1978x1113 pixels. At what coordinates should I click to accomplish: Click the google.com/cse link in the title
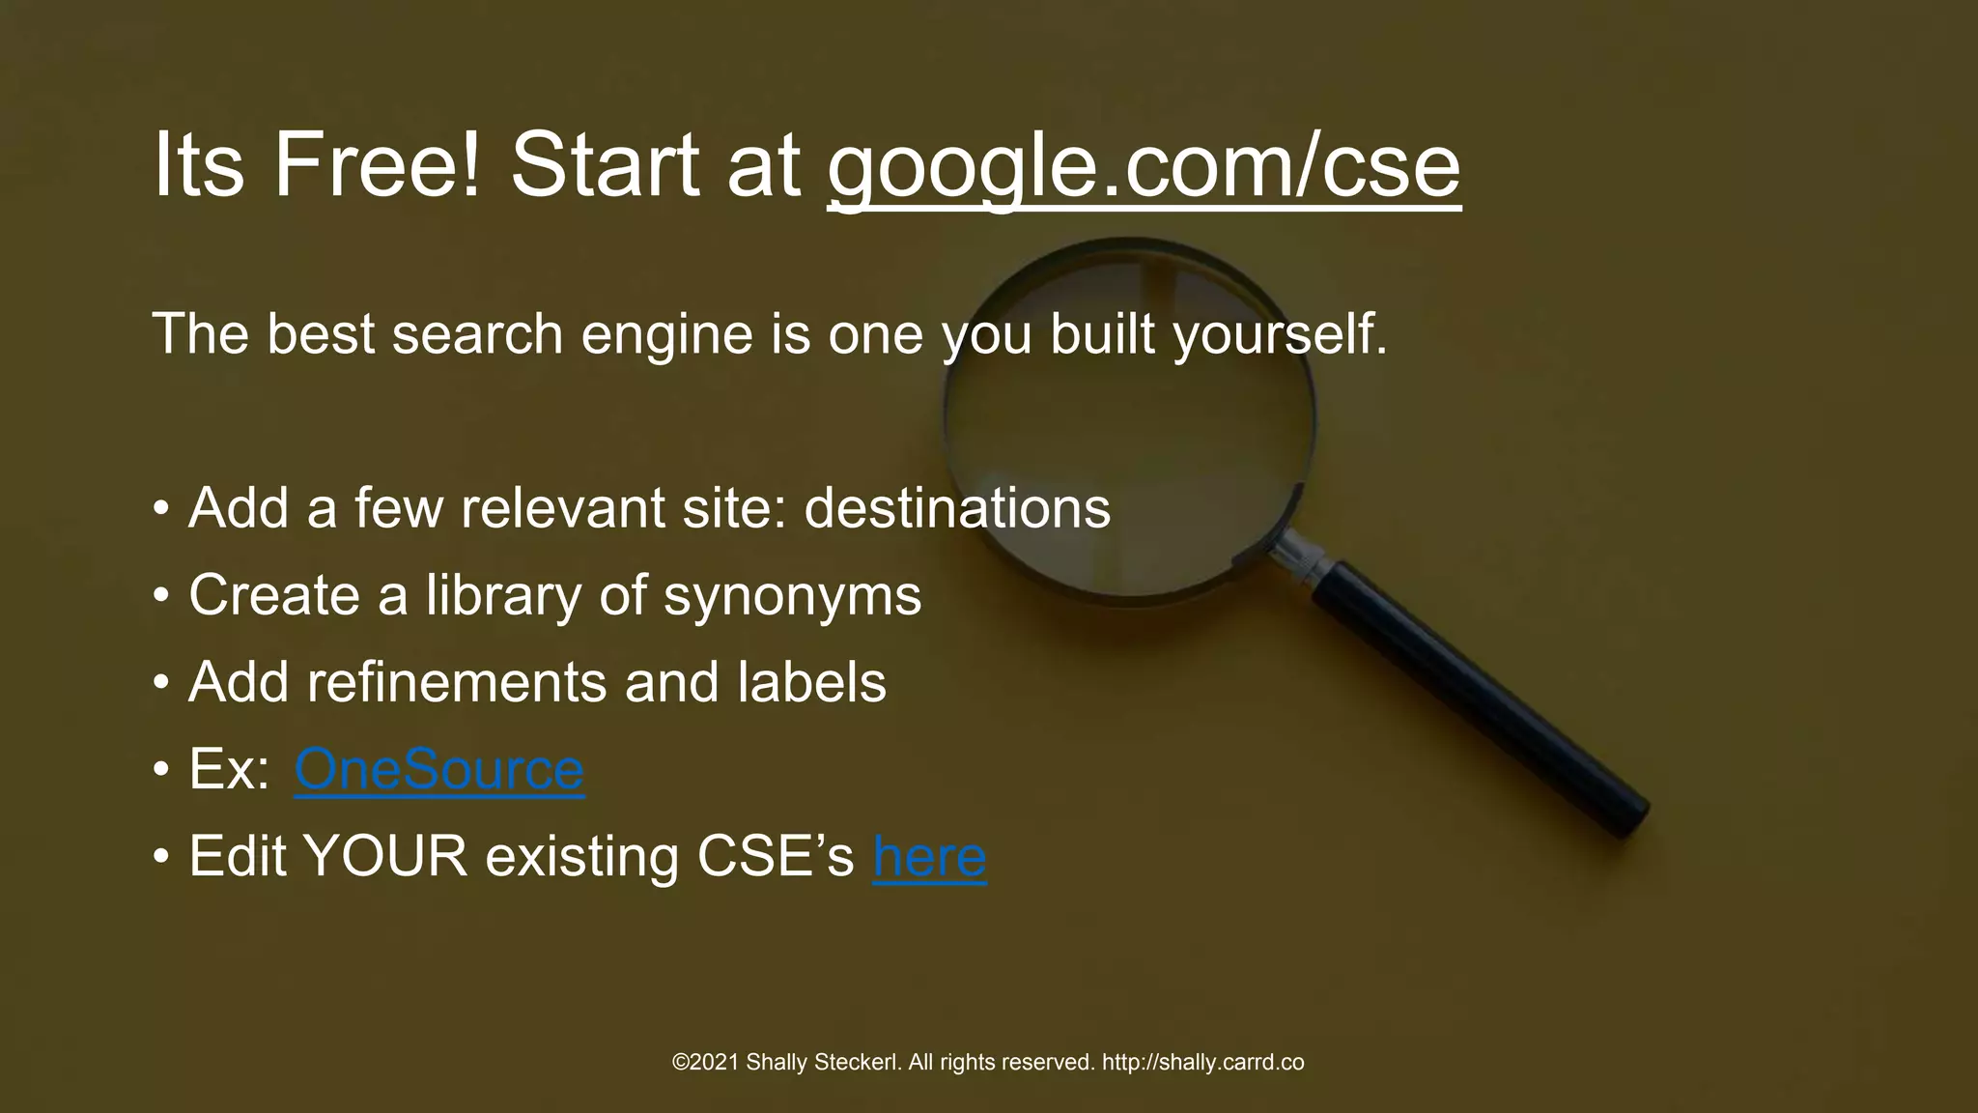(x=1144, y=166)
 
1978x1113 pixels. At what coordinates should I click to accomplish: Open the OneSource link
(x=438, y=769)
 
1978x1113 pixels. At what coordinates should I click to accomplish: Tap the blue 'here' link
(x=929, y=856)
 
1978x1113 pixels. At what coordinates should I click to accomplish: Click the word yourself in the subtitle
(x=1279, y=334)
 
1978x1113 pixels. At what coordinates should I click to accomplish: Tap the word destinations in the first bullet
(x=957, y=508)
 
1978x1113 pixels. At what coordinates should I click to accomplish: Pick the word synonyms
(x=792, y=595)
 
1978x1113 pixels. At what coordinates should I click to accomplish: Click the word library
(x=503, y=595)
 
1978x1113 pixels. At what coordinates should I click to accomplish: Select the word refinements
(x=457, y=682)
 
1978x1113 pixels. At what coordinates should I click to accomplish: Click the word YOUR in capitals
(x=384, y=856)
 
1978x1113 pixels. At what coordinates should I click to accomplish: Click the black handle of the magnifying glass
(x=1478, y=696)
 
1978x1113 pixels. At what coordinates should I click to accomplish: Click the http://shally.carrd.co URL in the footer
(x=1202, y=1063)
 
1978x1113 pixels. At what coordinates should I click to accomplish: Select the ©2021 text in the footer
(x=705, y=1063)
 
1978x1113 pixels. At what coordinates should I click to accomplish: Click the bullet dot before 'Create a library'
(x=161, y=596)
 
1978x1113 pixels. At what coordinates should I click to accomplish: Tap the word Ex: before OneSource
(x=229, y=769)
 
